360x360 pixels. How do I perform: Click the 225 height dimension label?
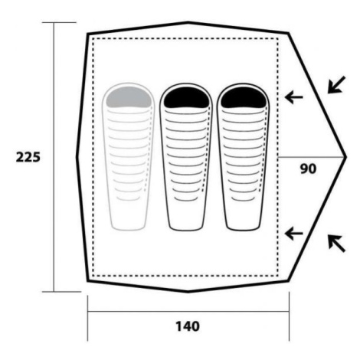point(28,157)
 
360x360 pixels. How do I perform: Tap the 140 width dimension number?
point(188,326)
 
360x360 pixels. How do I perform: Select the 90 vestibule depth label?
point(308,169)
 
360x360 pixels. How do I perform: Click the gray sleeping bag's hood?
point(129,97)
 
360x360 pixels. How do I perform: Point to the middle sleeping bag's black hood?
point(186,97)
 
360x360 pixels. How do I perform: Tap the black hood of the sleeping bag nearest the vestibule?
point(244,97)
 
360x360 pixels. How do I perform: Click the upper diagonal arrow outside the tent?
point(336,85)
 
